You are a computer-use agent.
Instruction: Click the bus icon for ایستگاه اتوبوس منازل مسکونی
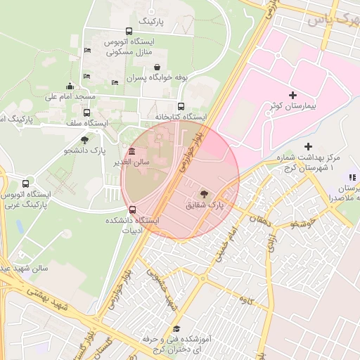click(128, 31)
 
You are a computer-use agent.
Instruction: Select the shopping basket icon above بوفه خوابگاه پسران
click(164, 67)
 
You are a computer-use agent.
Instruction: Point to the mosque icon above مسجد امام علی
click(70, 86)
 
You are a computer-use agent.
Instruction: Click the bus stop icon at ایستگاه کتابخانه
click(181, 107)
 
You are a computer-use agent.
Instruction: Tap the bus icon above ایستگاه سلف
click(86, 112)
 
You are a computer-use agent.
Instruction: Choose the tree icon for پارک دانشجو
click(85, 141)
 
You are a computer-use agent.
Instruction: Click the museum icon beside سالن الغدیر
click(131, 153)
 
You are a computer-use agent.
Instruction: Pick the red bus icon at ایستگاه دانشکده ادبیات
click(132, 210)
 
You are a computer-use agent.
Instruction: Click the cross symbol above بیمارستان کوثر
click(292, 95)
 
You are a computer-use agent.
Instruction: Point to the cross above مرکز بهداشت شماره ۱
click(308, 146)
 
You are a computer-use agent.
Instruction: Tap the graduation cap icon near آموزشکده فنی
click(177, 328)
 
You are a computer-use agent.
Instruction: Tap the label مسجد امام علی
click(70, 96)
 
